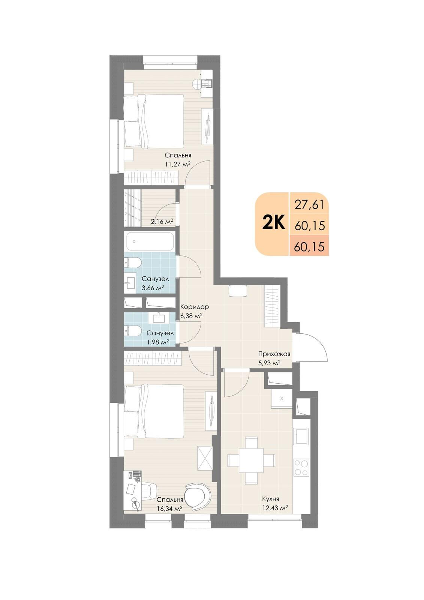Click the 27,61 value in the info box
309,205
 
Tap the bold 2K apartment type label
274,223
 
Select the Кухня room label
270,499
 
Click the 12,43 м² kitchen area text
275,508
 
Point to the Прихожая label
274,354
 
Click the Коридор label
194,307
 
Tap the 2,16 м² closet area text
162,222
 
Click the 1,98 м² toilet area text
157,342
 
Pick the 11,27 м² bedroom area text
178,164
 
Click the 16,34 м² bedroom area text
169,508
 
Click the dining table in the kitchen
252,459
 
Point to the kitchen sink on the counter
301,436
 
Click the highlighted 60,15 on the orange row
309,247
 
